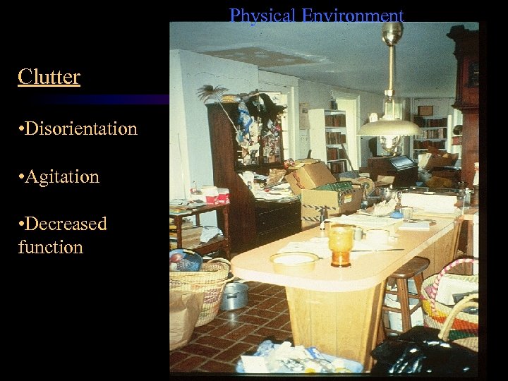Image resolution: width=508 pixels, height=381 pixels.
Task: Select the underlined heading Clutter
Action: (49, 76)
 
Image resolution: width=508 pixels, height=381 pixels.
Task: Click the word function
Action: (50, 247)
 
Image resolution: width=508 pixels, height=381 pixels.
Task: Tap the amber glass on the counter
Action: (340, 245)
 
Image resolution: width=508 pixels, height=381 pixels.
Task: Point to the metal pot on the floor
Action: (234, 296)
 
